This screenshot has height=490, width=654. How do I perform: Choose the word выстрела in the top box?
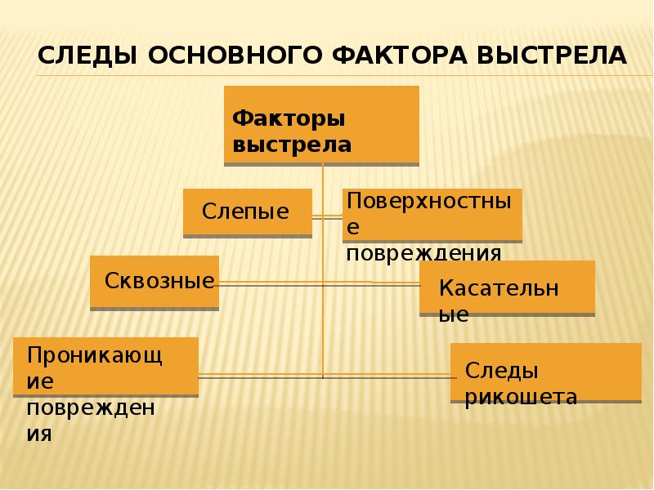point(292,145)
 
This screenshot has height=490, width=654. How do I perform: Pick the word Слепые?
point(245,212)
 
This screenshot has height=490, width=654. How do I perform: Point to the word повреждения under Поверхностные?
point(423,252)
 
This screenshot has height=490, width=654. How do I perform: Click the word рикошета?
point(521,397)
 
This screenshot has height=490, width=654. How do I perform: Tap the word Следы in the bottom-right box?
point(501,371)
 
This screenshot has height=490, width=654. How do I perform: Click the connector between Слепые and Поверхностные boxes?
point(327,216)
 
